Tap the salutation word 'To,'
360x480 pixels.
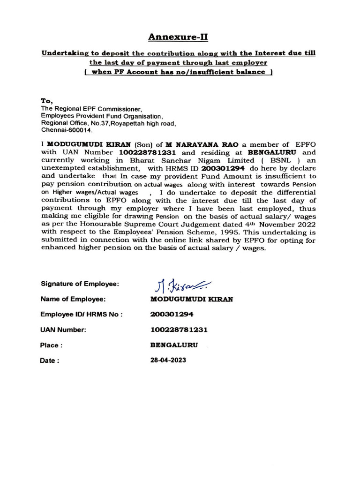click(47, 101)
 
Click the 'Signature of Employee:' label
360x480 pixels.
click(80, 284)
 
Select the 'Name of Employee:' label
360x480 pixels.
click(73, 299)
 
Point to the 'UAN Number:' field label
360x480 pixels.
click(64, 330)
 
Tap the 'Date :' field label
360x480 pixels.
click(50, 361)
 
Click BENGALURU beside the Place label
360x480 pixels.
click(174, 345)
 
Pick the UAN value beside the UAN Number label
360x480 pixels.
click(179, 330)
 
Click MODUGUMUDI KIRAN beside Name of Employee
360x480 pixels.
click(191, 299)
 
